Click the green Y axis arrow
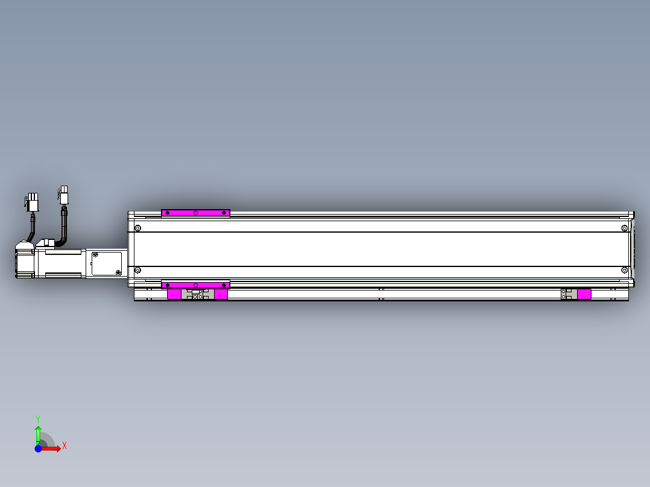tap(38, 433)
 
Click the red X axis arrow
tap(53, 448)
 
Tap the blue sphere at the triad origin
tap(38, 448)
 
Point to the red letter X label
tap(65, 446)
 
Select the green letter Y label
tap(38, 418)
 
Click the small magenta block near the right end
tap(584, 294)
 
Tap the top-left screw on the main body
tap(137, 228)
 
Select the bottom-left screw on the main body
tap(137, 270)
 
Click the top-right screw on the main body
tap(624, 228)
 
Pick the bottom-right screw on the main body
tap(624, 270)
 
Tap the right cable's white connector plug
tap(63, 195)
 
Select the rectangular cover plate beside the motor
tap(107, 264)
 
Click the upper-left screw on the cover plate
tap(95, 255)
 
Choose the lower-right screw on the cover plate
tap(119, 273)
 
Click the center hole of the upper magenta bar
tap(195, 213)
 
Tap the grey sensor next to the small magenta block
tap(567, 294)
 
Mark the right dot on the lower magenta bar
tap(224, 284)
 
